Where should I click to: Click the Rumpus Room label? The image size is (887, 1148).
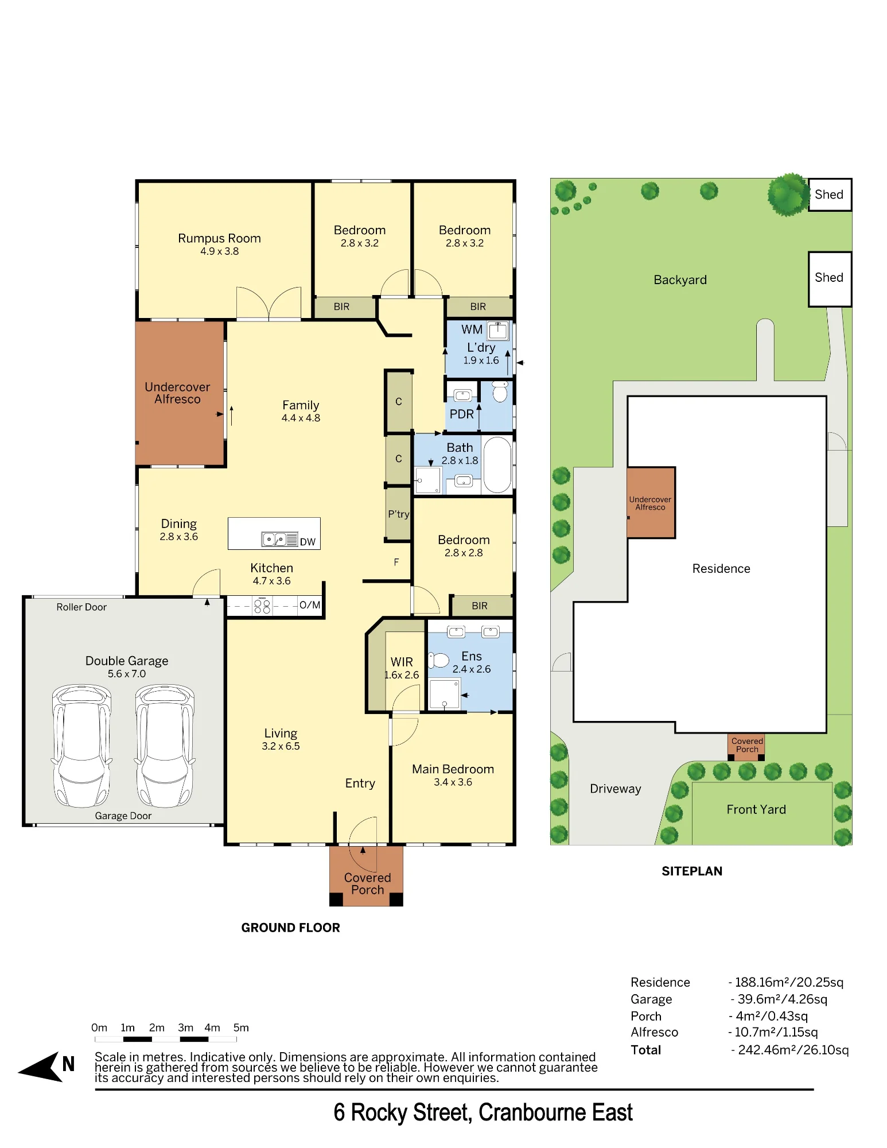tap(219, 238)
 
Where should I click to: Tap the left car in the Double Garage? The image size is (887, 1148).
tap(81, 746)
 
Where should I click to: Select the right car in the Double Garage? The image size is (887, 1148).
tap(165, 746)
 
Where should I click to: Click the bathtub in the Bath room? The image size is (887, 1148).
tap(497, 465)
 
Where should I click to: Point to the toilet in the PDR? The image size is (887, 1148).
tap(500, 392)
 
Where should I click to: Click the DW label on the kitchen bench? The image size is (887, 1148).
tap(308, 542)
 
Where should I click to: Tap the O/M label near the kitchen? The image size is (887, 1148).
tap(310, 605)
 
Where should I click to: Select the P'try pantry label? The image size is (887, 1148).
tap(398, 514)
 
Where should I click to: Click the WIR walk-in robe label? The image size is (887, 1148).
tap(402, 662)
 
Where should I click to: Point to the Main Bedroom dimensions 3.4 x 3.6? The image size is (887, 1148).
tap(453, 782)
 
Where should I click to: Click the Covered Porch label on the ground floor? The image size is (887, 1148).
tap(367, 884)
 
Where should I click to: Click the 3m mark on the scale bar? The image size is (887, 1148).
tap(185, 1028)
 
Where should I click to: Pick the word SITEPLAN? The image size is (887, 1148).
tap(692, 871)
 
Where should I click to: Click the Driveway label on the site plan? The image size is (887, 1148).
tap(615, 789)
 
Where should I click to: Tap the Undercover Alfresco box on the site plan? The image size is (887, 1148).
tap(651, 503)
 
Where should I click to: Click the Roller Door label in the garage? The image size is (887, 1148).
tap(81, 607)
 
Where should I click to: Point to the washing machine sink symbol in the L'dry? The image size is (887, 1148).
tap(497, 331)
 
